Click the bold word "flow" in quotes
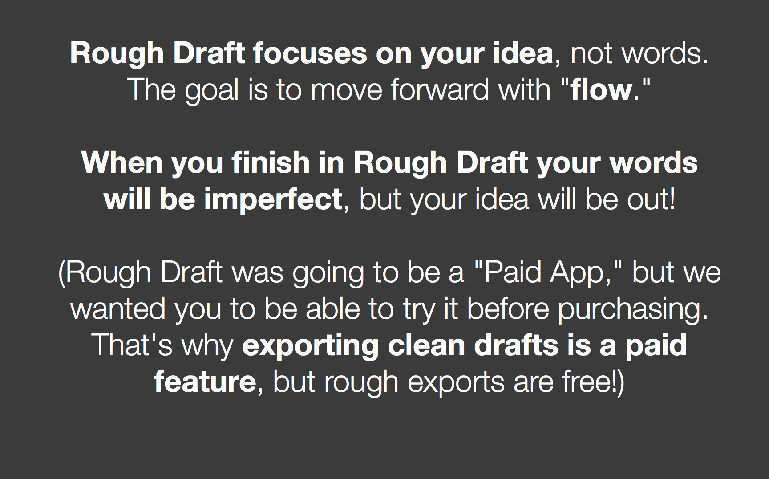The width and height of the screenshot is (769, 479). pyautogui.click(x=601, y=89)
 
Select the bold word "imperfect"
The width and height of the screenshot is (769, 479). pyautogui.click(x=273, y=200)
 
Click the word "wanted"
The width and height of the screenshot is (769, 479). pyautogui.click(x=118, y=309)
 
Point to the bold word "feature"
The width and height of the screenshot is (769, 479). pyautogui.click(x=205, y=382)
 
